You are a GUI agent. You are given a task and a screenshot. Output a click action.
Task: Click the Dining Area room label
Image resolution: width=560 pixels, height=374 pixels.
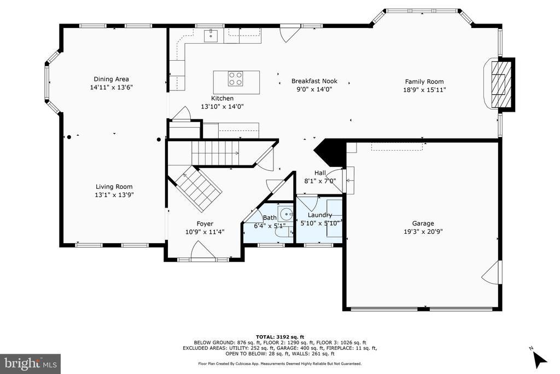coord(112,79)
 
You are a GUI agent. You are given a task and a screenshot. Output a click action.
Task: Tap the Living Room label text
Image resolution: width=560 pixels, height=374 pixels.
coord(114,187)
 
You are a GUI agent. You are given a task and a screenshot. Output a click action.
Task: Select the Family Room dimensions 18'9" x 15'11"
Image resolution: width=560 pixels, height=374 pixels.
coord(424,90)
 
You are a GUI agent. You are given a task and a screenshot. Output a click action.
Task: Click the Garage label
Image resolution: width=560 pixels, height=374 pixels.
coord(423,223)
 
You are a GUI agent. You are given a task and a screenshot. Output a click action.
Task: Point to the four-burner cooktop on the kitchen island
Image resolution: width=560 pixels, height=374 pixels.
coord(235,79)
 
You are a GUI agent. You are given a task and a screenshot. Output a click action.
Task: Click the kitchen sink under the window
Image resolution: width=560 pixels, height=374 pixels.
coord(211,36)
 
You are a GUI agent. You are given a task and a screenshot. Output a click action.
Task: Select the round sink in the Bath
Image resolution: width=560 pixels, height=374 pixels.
coord(286,215)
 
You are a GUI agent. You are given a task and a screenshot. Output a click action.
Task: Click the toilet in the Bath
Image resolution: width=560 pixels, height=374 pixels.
coord(284,232)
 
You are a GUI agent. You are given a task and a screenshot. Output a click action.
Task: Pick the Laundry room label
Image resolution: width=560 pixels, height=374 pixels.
coord(319,215)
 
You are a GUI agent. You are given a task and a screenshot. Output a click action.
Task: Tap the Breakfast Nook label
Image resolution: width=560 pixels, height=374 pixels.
coord(314,81)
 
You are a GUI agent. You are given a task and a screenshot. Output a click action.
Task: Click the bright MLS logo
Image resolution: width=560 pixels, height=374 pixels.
coord(31,364)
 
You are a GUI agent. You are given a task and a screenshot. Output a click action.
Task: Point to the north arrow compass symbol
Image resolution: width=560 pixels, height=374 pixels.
coord(539,358)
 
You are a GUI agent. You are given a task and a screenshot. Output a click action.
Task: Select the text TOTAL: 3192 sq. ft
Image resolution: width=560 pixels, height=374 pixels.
coord(279,337)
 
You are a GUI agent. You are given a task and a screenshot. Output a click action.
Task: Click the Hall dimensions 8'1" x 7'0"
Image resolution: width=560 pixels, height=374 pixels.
coord(320,181)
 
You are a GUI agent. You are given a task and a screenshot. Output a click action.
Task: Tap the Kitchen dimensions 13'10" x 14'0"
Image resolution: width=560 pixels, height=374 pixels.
coord(222,107)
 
